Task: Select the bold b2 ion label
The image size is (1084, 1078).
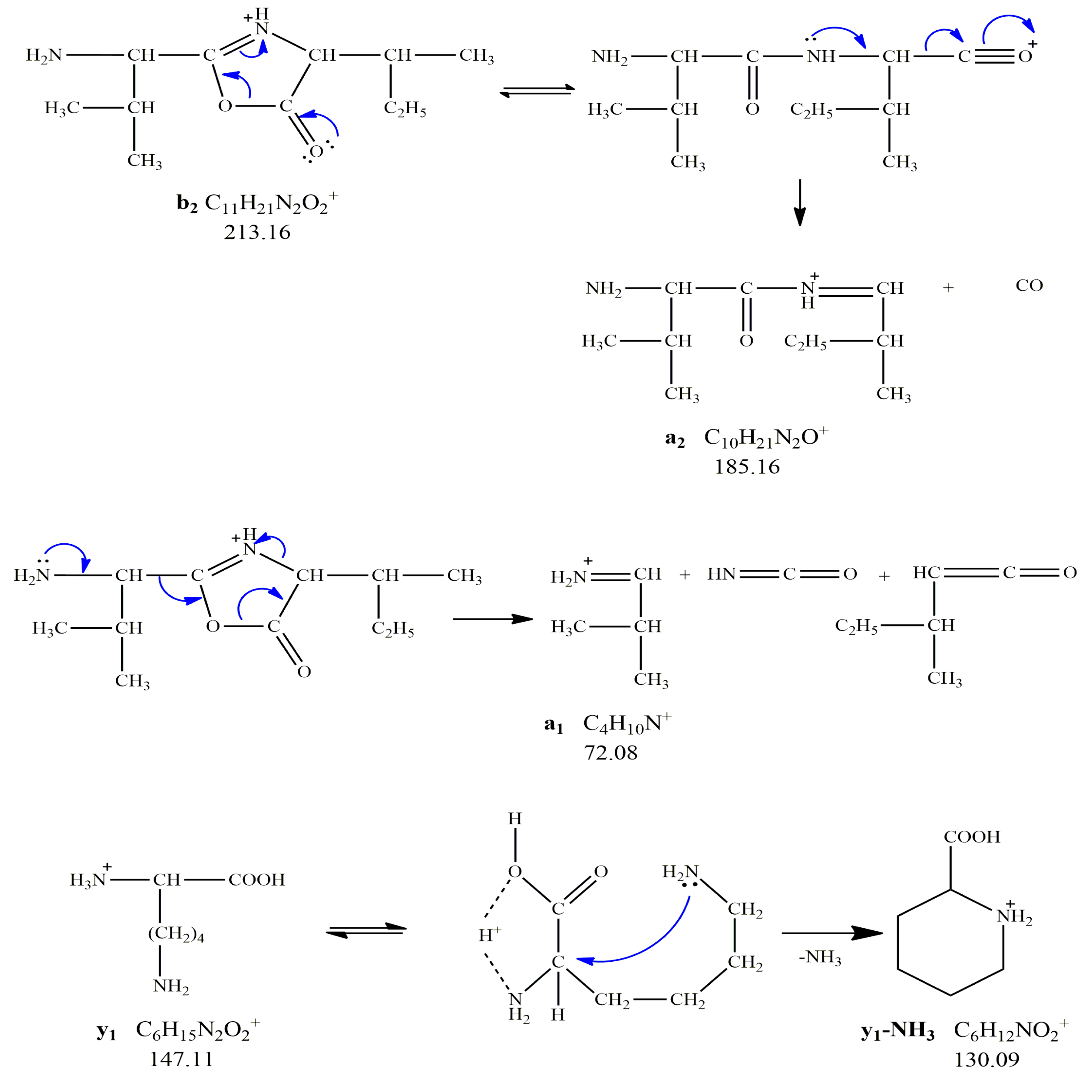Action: click(187, 204)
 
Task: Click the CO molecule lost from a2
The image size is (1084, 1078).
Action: click(1029, 286)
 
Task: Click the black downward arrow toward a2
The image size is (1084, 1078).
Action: click(800, 202)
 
